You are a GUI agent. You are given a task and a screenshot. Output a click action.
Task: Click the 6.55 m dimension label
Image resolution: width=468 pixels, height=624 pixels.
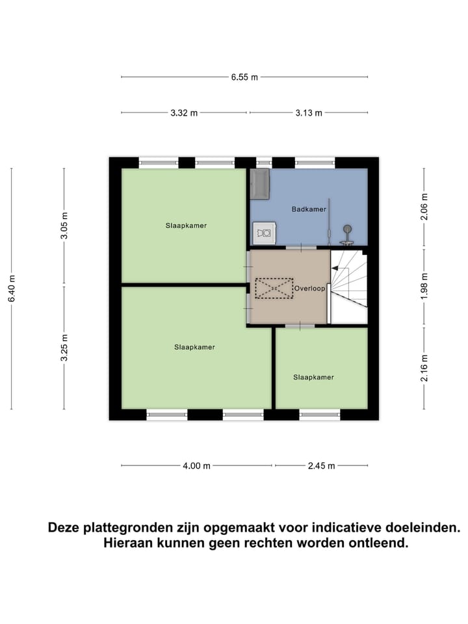[x=244, y=77]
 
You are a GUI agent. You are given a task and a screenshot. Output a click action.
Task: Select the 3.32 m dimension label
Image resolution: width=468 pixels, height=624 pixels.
[x=184, y=113]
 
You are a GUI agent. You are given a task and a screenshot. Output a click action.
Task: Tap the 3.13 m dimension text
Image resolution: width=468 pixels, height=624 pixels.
[x=308, y=113]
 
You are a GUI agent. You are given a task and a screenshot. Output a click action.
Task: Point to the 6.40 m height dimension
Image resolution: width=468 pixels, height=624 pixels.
[x=12, y=289]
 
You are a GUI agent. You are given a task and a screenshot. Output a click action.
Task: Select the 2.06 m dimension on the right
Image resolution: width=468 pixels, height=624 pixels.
[x=424, y=207]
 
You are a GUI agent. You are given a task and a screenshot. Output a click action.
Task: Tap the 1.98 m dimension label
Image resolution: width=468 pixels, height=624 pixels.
[x=424, y=287]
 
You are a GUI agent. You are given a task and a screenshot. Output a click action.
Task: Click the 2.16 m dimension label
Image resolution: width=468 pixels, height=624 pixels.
[x=424, y=368]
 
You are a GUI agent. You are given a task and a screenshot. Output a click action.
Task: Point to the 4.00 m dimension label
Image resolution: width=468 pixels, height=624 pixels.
[x=197, y=465]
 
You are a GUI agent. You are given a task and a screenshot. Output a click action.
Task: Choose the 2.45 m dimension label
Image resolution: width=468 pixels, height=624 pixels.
[x=321, y=465]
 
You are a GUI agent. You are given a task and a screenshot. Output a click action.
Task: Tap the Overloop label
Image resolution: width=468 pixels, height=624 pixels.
[x=309, y=288]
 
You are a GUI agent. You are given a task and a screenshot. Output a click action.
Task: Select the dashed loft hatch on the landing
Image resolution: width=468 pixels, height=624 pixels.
[x=274, y=289]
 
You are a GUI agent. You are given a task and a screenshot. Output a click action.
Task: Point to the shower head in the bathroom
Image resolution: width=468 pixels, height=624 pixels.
[x=348, y=229]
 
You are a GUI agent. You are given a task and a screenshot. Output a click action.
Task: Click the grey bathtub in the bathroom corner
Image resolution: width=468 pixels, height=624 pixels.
[x=260, y=183]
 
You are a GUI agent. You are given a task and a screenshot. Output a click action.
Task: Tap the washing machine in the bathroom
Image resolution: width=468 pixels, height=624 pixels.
[x=264, y=231]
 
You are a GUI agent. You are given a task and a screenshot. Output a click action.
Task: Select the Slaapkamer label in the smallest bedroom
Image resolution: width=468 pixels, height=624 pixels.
[x=313, y=377]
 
